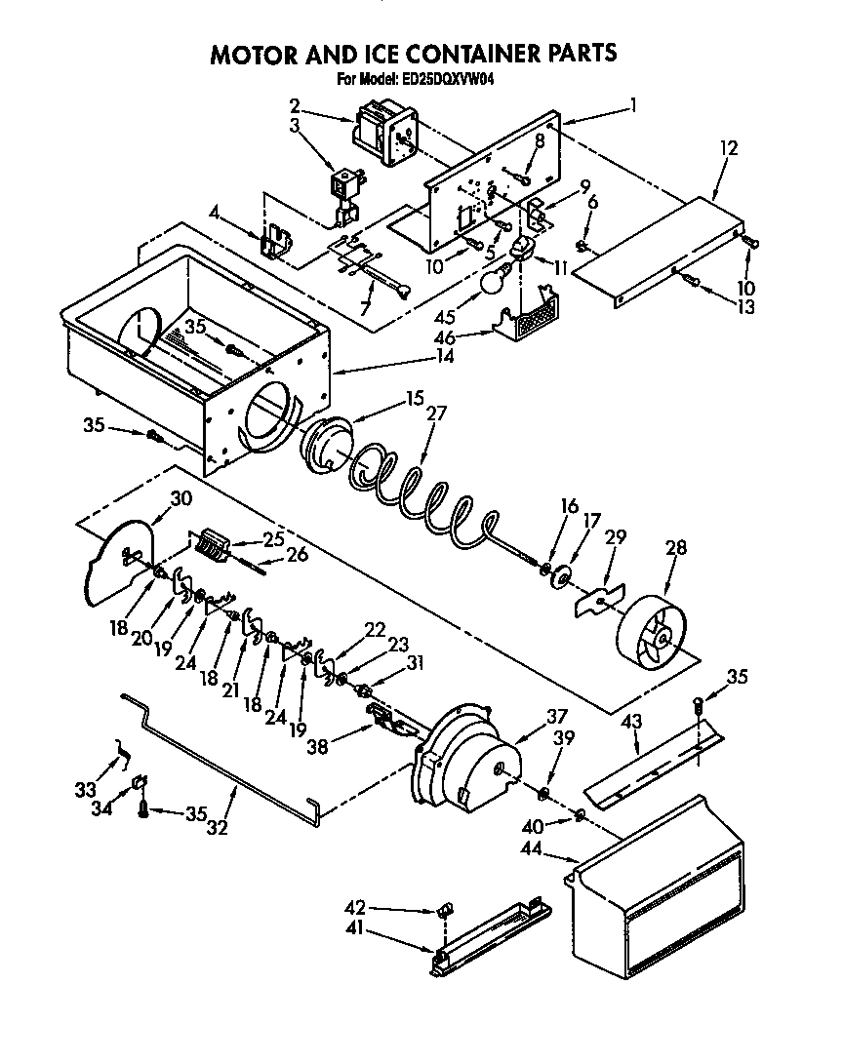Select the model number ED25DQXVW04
(x=448, y=81)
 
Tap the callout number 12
(x=728, y=149)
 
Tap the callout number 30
(x=181, y=497)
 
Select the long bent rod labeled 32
(x=224, y=762)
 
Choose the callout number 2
(x=294, y=105)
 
